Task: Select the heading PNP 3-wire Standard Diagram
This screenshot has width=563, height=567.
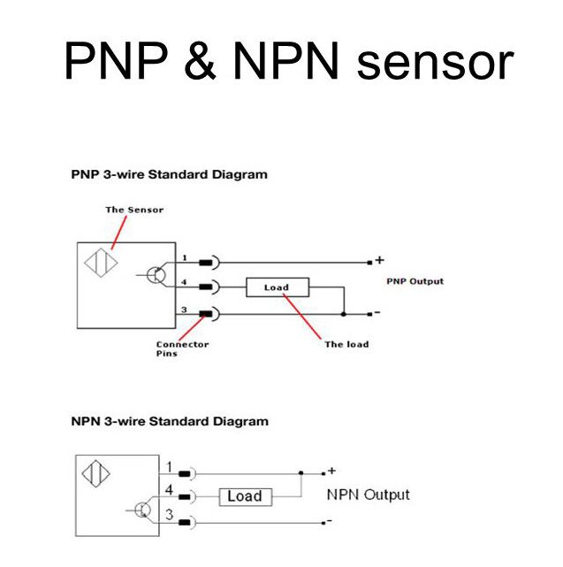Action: coord(169,174)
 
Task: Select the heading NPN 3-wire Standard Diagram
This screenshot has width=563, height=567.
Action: coord(169,422)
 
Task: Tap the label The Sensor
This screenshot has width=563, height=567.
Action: coord(134,210)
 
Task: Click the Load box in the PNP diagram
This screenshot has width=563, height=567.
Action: coord(277,287)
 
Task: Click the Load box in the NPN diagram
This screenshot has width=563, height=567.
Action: coord(245,496)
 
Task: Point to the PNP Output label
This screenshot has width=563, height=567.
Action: coord(415,281)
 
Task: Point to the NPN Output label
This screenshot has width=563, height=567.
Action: coord(368,494)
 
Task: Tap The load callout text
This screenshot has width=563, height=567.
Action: coord(346,344)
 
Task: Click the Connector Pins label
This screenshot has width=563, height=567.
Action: coord(182,349)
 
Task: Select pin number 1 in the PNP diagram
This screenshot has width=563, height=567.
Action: coord(185,258)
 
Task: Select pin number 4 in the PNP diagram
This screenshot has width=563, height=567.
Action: coord(185,283)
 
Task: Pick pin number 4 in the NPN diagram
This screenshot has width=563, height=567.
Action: coord(167,489)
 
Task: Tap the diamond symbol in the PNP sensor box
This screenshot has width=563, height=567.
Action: coord(97,265)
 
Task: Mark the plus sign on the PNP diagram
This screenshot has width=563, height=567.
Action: coord(380,260)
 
